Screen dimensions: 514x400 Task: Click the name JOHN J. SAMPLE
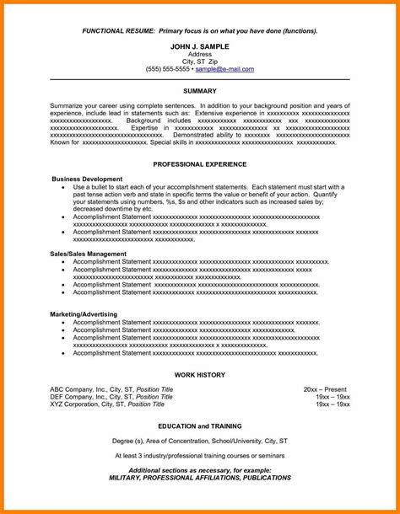pyautogui.click(x=200, y=46)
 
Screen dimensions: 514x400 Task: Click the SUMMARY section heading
pyautogui.click(x=200, y=88)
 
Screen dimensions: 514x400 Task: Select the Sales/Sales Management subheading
pyautogui.click(x=89, y=253)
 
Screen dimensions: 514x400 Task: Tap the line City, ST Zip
pyautogui.click(x=200, y=61)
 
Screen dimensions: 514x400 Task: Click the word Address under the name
pyautogui.click(x=200, y=53)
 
